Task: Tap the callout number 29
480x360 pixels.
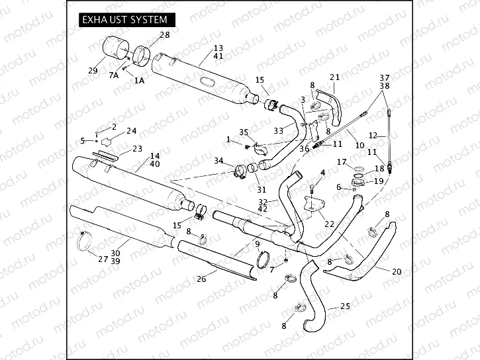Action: (x=93, y=71)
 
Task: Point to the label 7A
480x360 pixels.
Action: (x=113, y=75)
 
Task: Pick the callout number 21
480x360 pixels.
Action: (x=334, y=77)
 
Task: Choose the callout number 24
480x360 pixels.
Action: (x=132, y=130)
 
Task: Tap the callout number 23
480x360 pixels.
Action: (x=137, y=148)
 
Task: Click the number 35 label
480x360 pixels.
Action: (x=243, y=132)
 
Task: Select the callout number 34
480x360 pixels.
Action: (x=219, y=160)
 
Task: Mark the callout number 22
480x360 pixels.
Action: (x=329, y=224)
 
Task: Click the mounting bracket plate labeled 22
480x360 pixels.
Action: (x=312, y=204)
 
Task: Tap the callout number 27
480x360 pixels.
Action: (x=103, y=259)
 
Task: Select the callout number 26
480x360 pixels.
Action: (x=201, y=279)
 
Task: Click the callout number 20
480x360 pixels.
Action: (x=397, y=272)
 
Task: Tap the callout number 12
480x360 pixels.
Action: (x=373, y=135)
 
